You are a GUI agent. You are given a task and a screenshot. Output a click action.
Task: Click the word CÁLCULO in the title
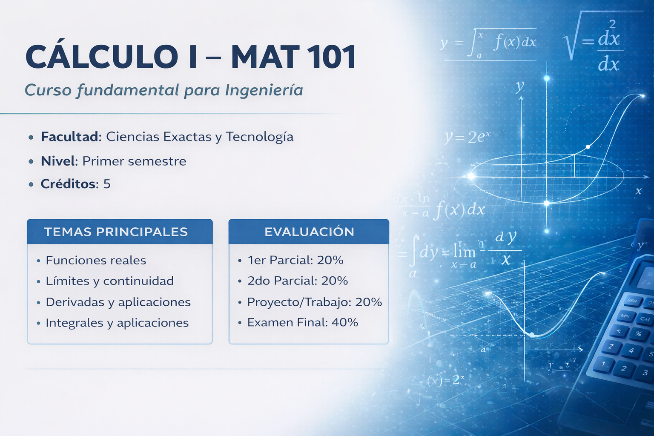[x=101, y=57]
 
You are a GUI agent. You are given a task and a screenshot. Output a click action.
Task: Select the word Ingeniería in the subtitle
[x=264, y=90]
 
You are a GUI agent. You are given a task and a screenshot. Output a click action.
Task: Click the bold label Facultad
[x=71, y=137]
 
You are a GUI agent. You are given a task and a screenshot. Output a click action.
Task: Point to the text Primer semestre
[x=134, y=161]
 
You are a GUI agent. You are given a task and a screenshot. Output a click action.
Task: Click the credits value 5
[x=107, y=184]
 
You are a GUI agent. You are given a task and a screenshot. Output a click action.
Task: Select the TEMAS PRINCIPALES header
[x=116, y=232]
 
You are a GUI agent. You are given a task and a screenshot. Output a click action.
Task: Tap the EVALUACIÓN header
[x=309, y=232]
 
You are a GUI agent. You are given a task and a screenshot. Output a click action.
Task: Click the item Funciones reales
[x=96, y=260]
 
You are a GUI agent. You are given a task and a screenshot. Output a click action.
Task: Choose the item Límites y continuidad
[x=109, y=281]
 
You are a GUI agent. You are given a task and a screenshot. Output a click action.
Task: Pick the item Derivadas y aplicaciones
[x=118, y=302]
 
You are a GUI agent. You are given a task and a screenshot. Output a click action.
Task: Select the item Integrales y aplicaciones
[x=117, y=323]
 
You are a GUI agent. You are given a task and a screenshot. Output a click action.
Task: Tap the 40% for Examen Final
[x=345, y=322]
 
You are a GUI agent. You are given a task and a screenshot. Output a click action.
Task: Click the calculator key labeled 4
[x=631, y=351]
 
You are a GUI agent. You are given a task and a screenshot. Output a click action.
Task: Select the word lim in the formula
[x=464, y=252]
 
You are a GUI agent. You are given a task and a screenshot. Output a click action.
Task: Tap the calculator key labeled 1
[x=603, y=364]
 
